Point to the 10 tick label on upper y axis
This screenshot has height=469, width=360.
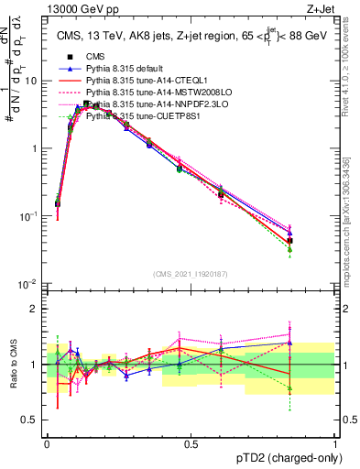pos(32,81)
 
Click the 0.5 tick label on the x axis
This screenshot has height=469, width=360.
pos(191,444)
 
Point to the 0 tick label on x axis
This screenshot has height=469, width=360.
pos(47,444)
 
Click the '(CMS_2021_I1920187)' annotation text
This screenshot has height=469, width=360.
pos(191,274)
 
